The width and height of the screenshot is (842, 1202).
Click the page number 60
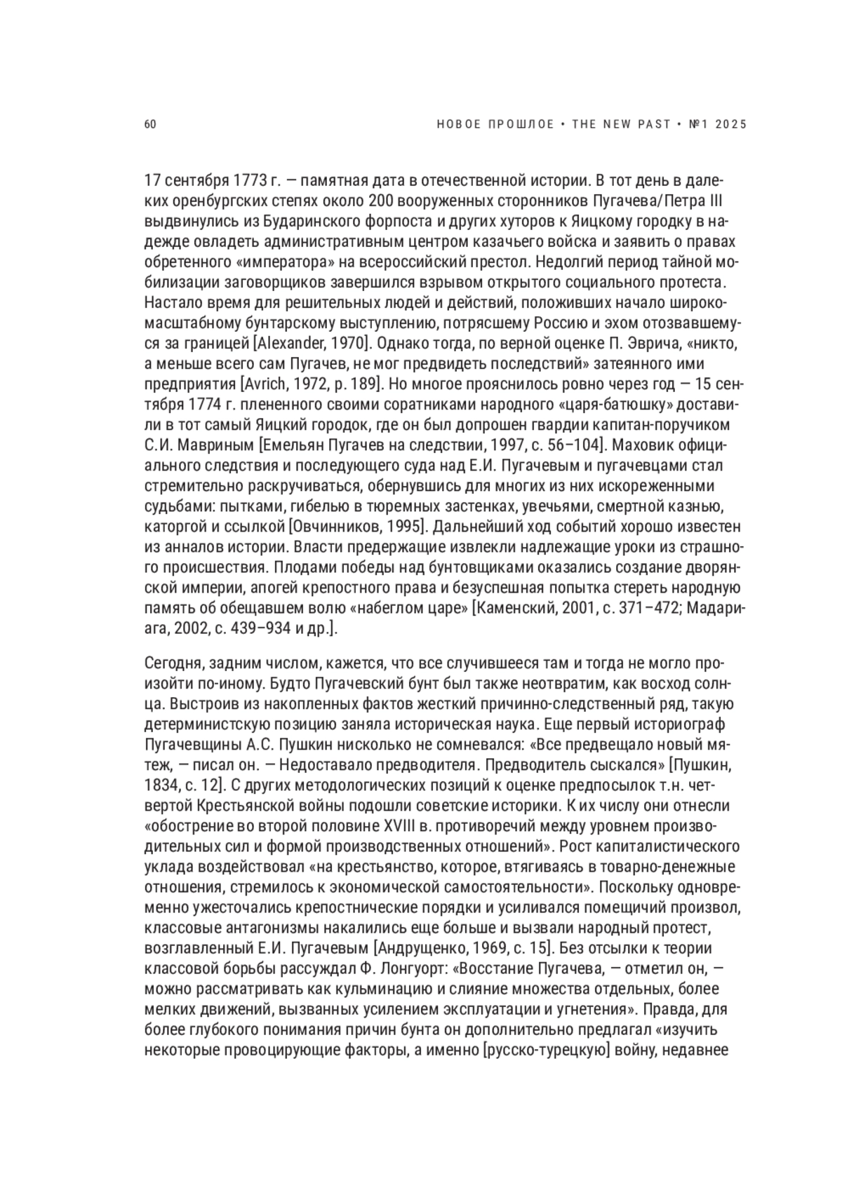pos(149,125)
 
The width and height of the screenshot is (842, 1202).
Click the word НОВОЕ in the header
pos(459,125)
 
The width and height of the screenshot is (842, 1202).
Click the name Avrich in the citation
pos(265,384)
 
